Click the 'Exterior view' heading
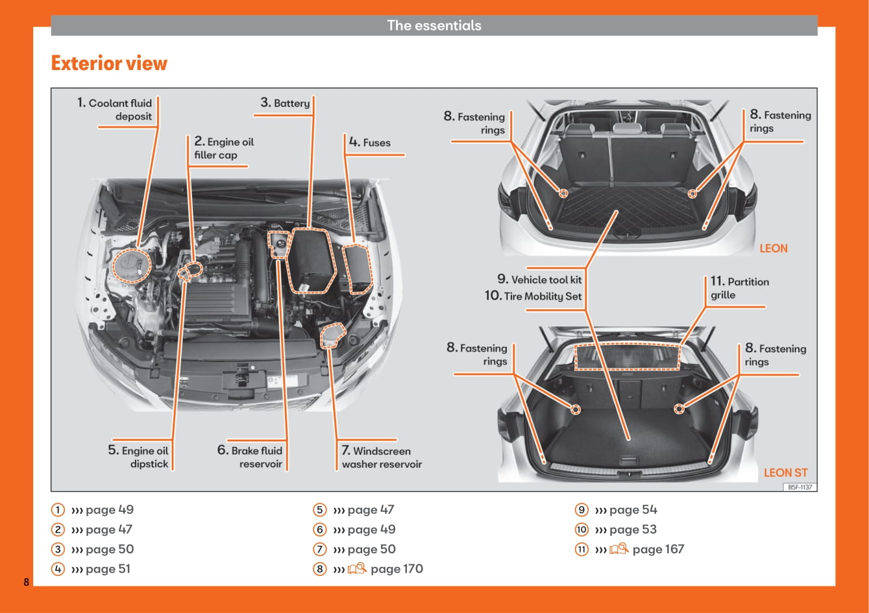109,64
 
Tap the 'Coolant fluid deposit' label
116,110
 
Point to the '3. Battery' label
285,103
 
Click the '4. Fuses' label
370,143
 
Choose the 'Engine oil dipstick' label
139,457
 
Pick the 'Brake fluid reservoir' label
251,457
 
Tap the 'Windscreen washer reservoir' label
382,457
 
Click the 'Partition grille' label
739,288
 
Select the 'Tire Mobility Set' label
533,296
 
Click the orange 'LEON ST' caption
785,473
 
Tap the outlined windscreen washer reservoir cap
332,335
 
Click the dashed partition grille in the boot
628,357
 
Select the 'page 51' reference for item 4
108,569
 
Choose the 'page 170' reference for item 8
396,569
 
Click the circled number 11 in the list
581,549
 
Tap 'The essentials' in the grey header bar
434,25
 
